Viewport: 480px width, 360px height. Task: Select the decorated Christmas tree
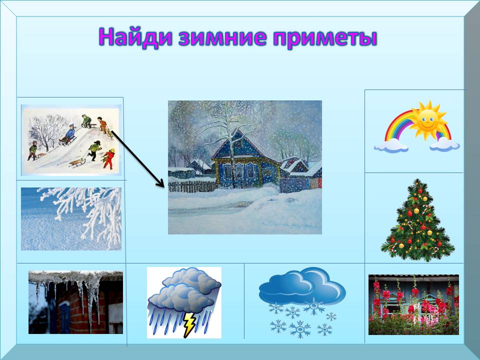click(x=417, y=220)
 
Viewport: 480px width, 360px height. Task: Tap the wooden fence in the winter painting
click(x=192, y=186)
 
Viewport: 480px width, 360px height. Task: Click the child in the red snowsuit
click(x=108, y=158)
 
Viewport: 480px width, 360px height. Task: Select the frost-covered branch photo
click(x=71, y=219)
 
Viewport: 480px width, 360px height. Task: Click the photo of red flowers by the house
click(x=413, y=304)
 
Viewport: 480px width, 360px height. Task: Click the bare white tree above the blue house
click(x=228, y=128)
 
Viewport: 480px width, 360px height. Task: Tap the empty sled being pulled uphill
click(x=76, y=162)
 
